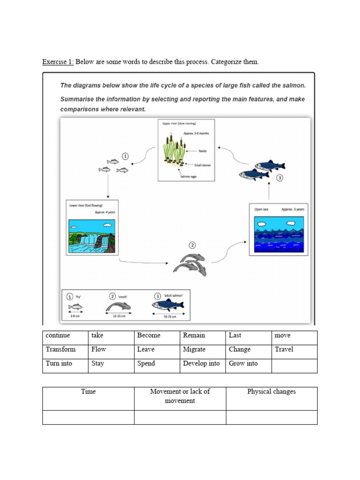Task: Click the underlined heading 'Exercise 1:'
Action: click(58, 62)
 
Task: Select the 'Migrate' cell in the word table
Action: click(194, 349)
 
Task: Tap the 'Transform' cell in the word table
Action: click(60, 349)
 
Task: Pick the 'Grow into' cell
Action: click(243, 363)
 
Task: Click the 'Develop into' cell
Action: click(201, 363)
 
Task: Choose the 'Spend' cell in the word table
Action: click(146, 363)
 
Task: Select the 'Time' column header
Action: click(88, 391)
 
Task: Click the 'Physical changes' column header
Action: click(271, 391)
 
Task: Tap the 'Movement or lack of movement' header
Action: click(180, 396)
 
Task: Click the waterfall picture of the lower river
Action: click(92, 236)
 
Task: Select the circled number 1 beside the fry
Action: click(125, 156)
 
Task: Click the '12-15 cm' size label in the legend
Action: click(120, 316)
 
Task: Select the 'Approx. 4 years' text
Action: click(105, 212)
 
